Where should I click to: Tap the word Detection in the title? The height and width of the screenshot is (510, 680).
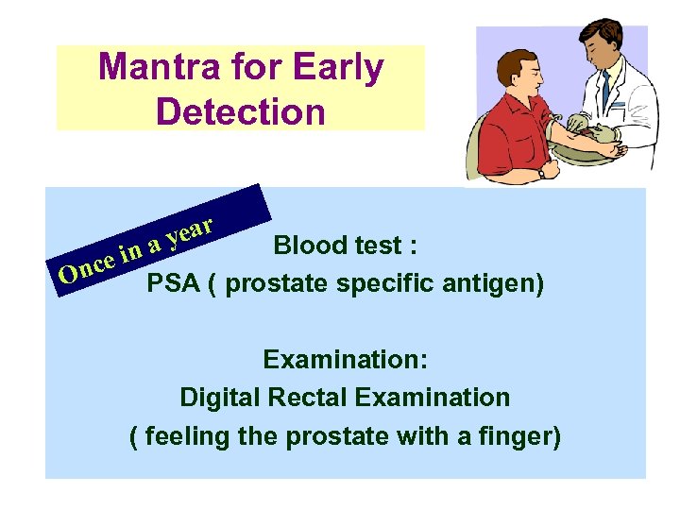pos(240,111)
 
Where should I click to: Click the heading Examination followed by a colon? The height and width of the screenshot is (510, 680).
pos(345,360)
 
